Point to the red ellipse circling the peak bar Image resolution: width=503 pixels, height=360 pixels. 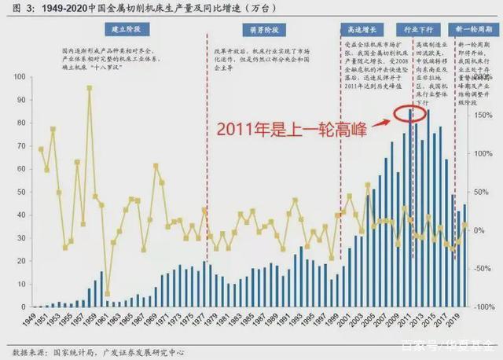[x=409, y=115]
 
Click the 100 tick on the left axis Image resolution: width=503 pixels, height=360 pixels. [x=17, y=76]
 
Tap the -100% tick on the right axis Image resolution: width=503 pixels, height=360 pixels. [x=484, y=307]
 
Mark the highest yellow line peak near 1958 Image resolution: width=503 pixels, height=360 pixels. [x=89, y=88]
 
